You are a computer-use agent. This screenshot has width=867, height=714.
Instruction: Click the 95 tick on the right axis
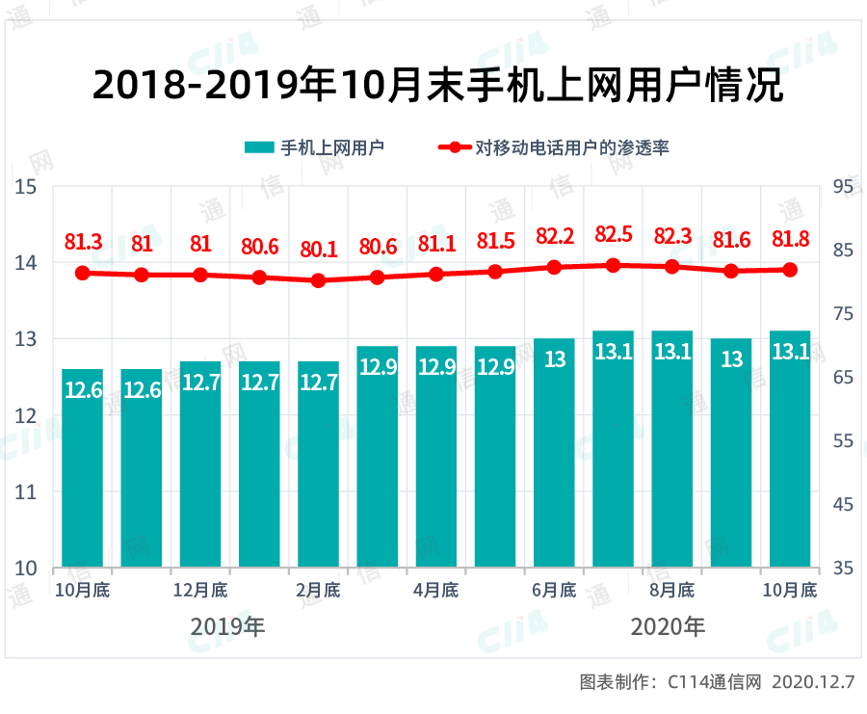pyautogui.click(x=841, y=186)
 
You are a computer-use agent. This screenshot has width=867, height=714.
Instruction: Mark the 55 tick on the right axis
pyautogui.click(x=841, y=440)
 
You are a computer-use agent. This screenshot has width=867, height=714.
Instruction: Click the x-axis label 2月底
pyautogui.click(x=318, y=590)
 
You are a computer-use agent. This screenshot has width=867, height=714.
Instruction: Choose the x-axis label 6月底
pyautogui.click(x=554, y=590)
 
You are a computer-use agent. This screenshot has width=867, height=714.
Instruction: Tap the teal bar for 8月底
pyautogui.click(x=671, y=448)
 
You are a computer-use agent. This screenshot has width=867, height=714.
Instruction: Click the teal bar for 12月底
pyautogui.click(x=200, y=463)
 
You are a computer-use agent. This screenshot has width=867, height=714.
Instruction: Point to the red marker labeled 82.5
pyautogui.click(x=613, y=265)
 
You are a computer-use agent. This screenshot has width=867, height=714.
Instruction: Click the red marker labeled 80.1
pyautogui.click(x=318, y=280)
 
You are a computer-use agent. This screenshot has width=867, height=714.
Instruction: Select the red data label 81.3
pyautogui.click(x=83, y=243)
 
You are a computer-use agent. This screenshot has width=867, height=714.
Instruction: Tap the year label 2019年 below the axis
pyautogui.click(x=227, y=627)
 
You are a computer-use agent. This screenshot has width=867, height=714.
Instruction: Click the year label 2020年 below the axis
pyautogui.click(x=668, y=627)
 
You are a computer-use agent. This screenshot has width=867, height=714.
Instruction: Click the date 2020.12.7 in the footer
pyautogui.click(x=813, y=682)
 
